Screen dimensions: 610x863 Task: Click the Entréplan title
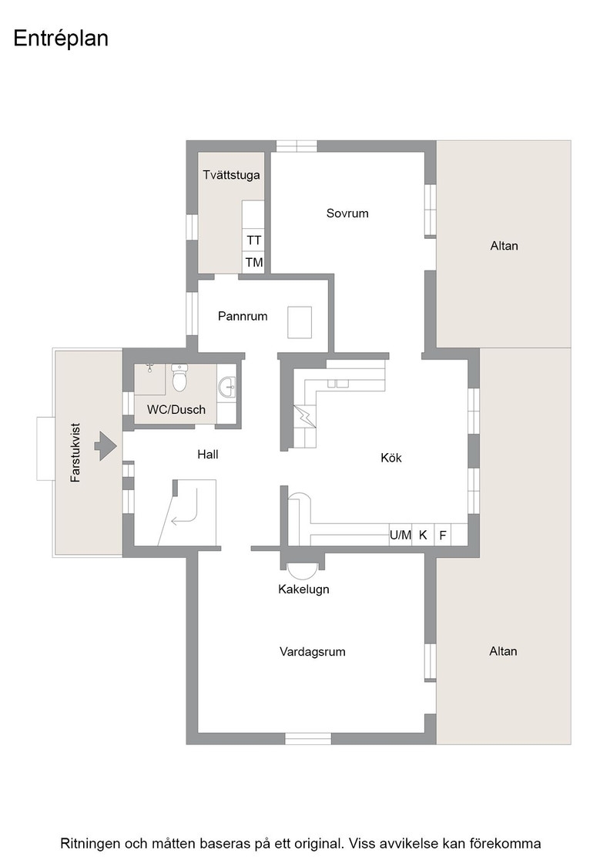tap(61, 39)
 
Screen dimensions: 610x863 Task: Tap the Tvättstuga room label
tap(231, 175)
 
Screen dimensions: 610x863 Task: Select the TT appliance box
tap(253, 240)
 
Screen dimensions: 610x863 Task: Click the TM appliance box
tap(253, 262)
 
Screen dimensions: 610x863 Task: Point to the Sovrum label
tap(347, 213)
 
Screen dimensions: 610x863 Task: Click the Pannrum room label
tap(243, 316)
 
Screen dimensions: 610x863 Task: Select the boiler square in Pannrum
tap(300, 322)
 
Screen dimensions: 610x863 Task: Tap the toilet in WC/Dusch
tap(179, 377)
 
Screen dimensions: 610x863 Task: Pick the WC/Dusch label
tap(176, 409)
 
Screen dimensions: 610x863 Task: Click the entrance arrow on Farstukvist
tap(105, 445)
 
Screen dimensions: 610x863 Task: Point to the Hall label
tap(208, 454)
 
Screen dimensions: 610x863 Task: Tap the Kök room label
tap(391, 458)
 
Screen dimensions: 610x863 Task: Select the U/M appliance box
tap(401, 535)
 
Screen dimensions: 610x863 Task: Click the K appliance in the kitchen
tap(423, 535)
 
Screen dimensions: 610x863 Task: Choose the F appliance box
tap(443, 535)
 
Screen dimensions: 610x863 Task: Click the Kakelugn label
tap(303, 589)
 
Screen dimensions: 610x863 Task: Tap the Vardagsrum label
tap(313, 652)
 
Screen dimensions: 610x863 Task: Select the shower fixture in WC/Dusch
tap(149, 368)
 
